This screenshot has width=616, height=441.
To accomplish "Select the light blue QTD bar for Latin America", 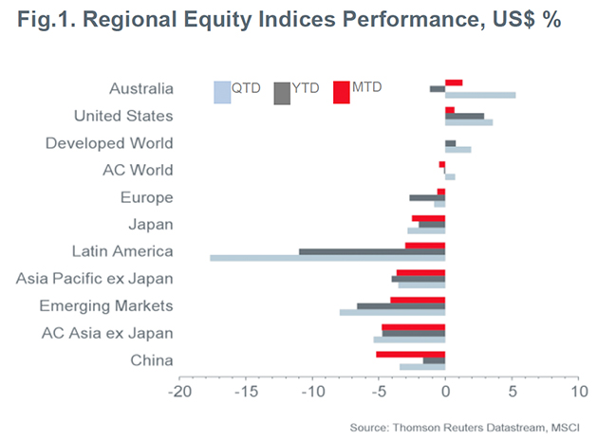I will [x=327, y=258].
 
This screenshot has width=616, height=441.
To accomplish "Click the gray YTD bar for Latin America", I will [x=372, y=251].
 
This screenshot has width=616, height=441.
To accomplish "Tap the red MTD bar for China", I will [x=410, y=354].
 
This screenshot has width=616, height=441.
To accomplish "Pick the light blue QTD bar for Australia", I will [x=480, y=95].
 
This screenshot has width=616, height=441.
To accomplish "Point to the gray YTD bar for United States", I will [x=464, y=116].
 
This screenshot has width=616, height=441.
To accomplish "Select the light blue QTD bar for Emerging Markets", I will [x=392, y=312].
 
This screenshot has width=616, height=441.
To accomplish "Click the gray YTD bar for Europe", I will [x=427, y=197].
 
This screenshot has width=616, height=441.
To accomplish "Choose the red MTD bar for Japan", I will [x=428, y=218].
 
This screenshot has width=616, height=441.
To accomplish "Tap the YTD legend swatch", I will [x=283, y=93].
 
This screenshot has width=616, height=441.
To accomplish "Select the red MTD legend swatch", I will [x=342, y=92].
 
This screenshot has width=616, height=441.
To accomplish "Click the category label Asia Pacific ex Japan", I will [x=95, y=279].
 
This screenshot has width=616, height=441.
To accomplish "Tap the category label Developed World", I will [x=109, y=143].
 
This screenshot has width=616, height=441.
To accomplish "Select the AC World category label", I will [x=138, y=171].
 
